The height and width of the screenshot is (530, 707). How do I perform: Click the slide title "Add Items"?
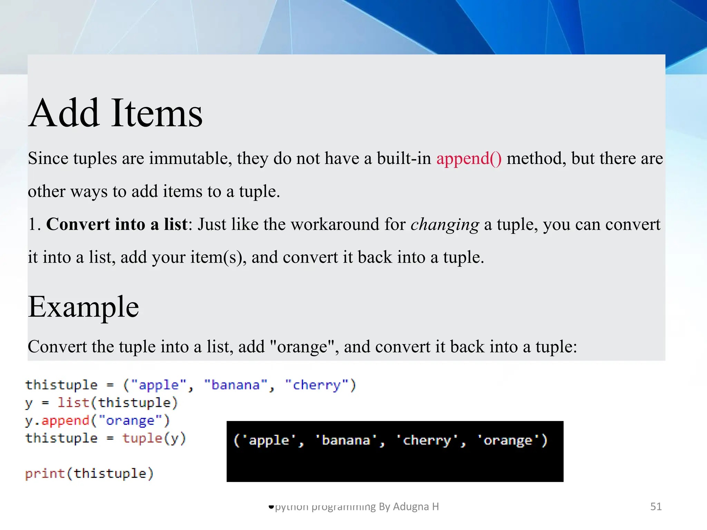(116, 113)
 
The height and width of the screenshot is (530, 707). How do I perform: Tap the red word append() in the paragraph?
(469, 158)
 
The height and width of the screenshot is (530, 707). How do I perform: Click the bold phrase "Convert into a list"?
(117, 224)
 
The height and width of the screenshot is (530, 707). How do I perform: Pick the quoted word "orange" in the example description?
(302, 346)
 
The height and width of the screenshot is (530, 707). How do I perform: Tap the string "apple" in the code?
(158, 385)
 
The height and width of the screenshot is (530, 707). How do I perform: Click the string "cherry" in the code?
(317, 385)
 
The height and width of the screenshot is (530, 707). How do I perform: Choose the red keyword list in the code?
(73, 403)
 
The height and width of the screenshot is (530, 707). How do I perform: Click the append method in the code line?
(66, 421)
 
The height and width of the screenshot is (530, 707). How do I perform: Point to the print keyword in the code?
(45, 473)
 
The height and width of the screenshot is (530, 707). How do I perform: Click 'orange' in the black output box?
(508, 440)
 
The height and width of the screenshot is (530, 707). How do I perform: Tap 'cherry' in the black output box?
(427, 440)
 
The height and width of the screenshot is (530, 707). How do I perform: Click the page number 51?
(656, 506)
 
